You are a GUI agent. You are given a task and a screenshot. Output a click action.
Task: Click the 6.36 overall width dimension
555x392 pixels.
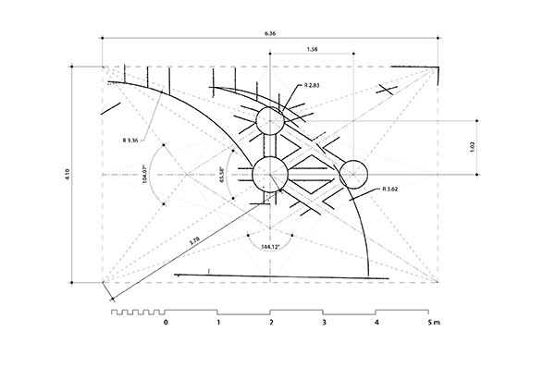(270, 33)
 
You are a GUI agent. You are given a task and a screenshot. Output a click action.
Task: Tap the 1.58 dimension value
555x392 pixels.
(312, 50)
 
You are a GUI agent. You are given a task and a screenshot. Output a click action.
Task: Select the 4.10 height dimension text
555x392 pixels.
(68, 175)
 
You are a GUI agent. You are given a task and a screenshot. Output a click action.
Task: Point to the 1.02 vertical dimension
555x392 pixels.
(472, 147)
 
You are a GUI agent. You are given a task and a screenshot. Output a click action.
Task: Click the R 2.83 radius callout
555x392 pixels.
(312, 85)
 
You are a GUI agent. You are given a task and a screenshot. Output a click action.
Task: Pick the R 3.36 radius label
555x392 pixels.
(130, 141)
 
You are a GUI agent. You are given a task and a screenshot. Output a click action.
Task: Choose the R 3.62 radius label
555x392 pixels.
(390, 189)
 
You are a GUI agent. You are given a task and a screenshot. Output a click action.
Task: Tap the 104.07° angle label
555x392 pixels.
(144, 174)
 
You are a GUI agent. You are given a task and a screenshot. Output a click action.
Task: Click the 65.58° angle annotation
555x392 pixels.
(222, 175)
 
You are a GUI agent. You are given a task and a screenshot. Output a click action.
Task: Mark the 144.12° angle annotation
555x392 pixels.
(270, 247)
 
